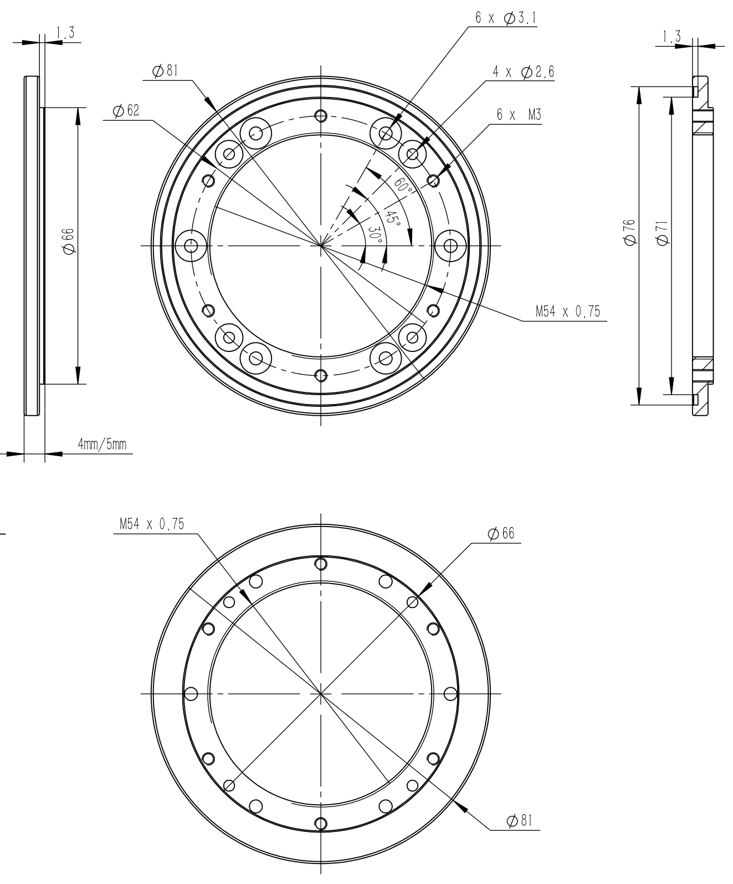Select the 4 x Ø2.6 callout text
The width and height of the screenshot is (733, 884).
523,73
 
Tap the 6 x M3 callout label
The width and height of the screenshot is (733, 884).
519,115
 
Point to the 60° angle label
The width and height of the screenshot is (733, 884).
404,186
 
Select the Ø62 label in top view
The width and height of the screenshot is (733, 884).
126,111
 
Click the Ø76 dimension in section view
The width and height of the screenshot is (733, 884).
628,232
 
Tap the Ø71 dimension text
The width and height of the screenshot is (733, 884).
661,232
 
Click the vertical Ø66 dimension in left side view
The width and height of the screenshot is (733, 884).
69,243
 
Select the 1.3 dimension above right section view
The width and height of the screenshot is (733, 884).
672,37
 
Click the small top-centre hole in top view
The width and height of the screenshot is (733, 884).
320,116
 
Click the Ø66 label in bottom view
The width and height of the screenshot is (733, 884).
501,533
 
